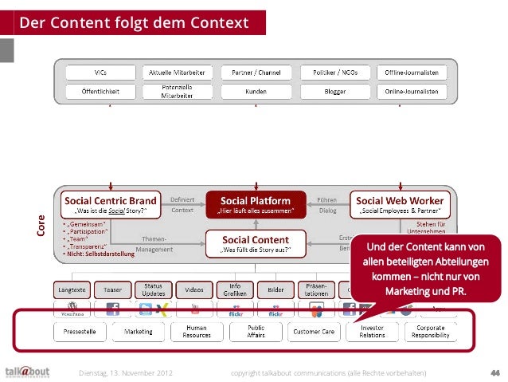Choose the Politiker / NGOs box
click(x=334, y=73)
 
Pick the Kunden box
click(x=255, y=92)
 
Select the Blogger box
click(x=334, y=92)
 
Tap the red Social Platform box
click(x=255, y=204)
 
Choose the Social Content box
click(x=255, y=242)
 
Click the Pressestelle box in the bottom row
click(x=78, y=331)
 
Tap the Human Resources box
click(x=197, y=331)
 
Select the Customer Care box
click(x=313, y=331)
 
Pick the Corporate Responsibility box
click(x=431, y=331)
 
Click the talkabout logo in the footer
click(x=27, y=371)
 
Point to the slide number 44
click(x=494, y=372)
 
